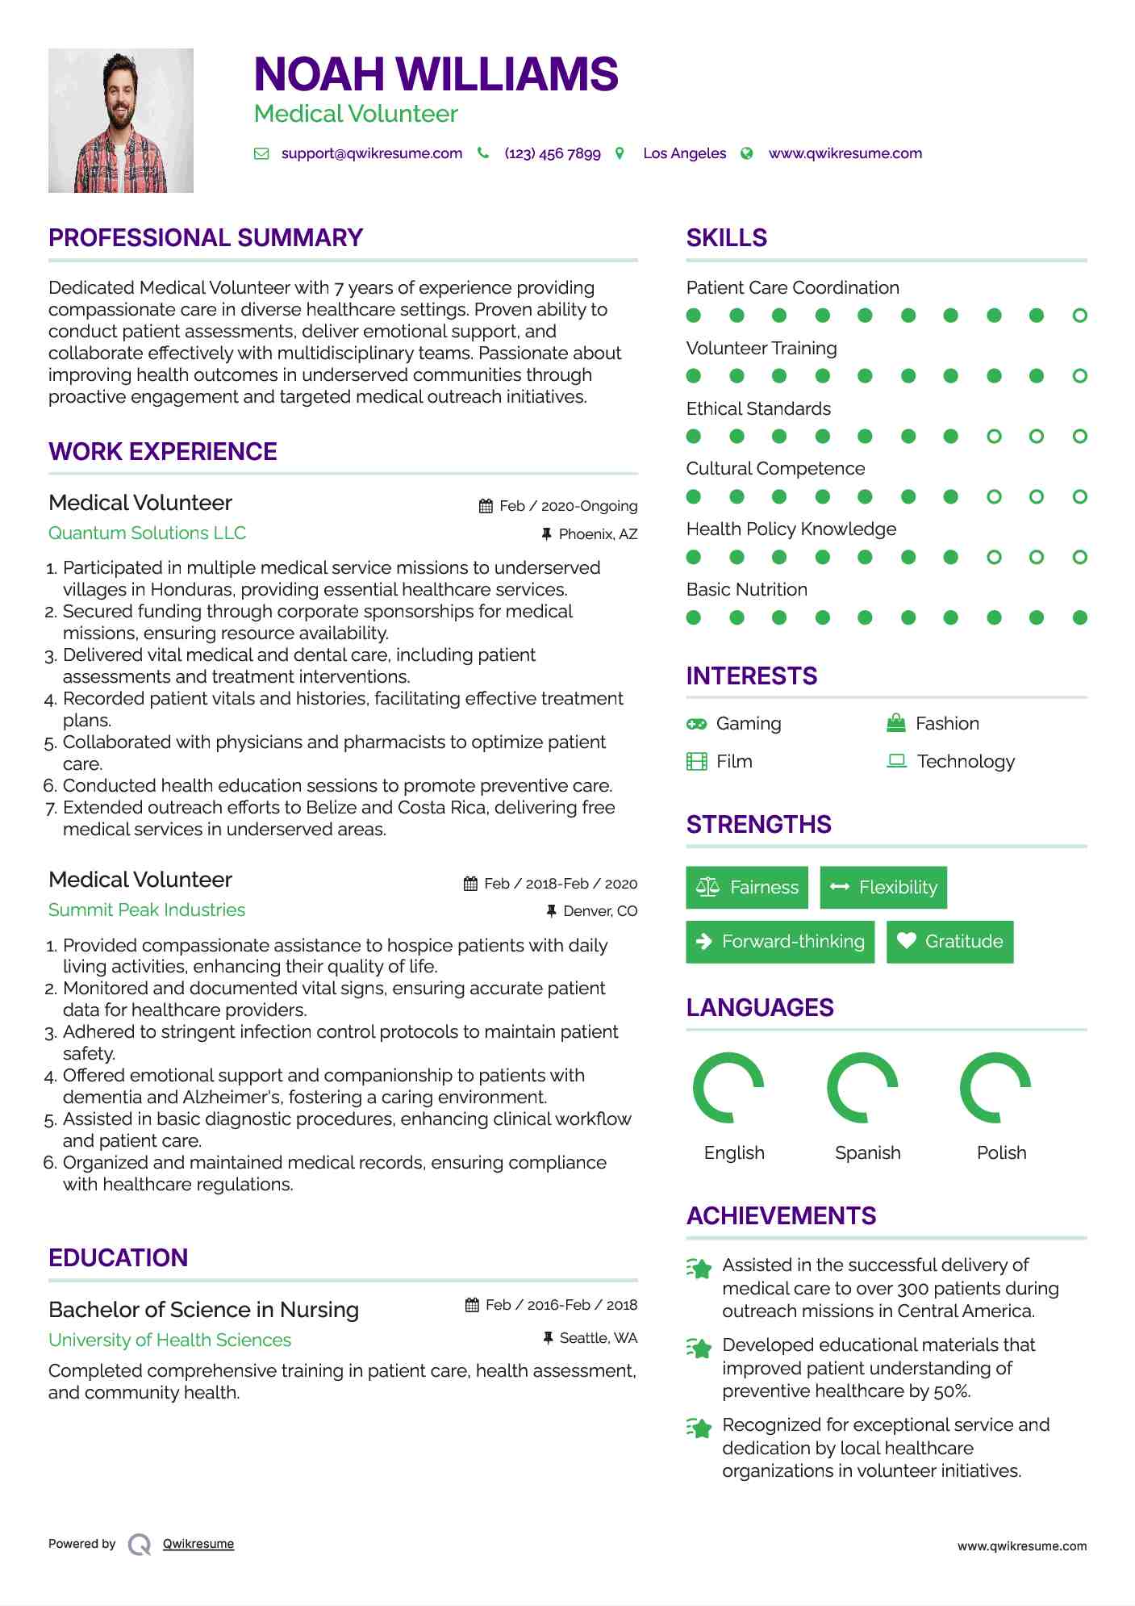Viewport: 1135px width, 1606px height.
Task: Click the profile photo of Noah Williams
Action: point(121,120)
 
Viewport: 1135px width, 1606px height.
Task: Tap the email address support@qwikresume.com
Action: point(371,153)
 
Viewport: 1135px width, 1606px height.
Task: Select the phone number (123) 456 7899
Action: point(553,153)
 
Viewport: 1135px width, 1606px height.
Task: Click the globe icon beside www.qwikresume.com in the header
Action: point(747,153)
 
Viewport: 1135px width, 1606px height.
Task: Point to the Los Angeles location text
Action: point(684,153)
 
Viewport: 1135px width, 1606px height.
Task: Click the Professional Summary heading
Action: point(206,238)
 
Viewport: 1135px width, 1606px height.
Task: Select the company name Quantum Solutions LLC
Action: point(147,533)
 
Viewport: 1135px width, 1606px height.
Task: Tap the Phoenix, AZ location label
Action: point(598,534)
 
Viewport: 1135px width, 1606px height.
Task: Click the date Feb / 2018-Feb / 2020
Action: point(561,884)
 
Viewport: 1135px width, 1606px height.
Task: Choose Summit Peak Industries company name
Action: point(147,910)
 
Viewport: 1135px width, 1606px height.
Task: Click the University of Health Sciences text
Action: point(169,1340)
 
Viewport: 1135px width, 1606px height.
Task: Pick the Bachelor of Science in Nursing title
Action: point(203,1309)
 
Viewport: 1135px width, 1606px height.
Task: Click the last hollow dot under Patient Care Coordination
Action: point(1079,316)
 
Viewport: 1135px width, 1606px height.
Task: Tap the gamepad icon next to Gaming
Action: point(696,724)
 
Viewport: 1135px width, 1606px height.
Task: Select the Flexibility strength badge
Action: point(883,887)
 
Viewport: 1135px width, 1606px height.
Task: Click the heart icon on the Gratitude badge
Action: point(907,941)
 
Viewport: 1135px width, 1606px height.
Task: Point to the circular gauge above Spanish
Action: point(863,1087)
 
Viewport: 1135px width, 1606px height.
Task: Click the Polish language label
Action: point(1001,1152)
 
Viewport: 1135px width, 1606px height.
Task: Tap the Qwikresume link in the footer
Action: point(198,1544)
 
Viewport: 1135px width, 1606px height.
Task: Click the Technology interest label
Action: point(966,761)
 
